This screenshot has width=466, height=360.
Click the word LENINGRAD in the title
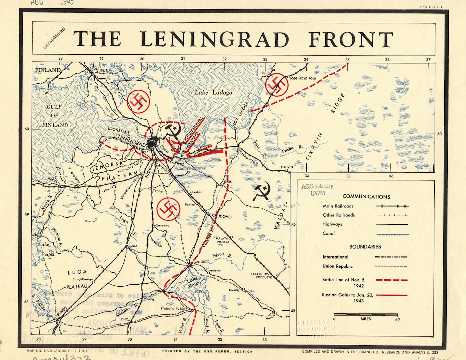[x=214, y=39]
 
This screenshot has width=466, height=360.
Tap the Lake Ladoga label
[x=213, y=92]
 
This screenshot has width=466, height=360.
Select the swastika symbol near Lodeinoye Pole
[x=276, y=85]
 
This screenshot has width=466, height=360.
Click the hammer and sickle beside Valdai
[x=261, y=191]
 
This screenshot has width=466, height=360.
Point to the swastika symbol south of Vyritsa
[x=168, y=209]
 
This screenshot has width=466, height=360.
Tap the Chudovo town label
[x=221, y=216]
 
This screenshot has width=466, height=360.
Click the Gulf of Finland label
[x=55, y=116]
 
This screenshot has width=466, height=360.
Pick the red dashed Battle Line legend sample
[x=391, y=280]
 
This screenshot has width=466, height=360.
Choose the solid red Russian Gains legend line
[x=391, y=295]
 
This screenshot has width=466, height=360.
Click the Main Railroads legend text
[x=338, y=206]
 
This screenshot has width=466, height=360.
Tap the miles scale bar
[x=365, y=314]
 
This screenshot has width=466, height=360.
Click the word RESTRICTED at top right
[x=431, y=7]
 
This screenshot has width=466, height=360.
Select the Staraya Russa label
[x=172, y=309]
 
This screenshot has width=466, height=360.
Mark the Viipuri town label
[x=102, y=71]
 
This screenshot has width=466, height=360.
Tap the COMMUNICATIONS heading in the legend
[x=366, y=197]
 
